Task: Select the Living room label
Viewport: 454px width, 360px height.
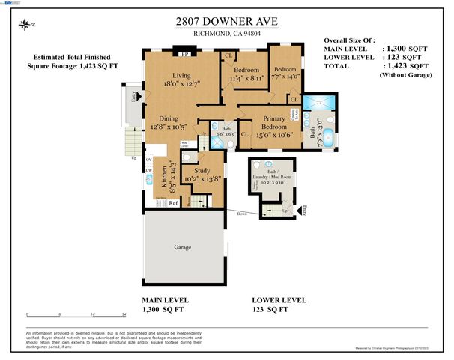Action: pos(182,76)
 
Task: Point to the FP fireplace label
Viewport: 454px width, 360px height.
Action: pos(184,55)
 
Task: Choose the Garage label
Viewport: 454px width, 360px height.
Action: pos(182,247)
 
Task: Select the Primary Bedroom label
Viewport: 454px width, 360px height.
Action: pos(275,123)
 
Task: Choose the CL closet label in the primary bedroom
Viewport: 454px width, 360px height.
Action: pos(245,133)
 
